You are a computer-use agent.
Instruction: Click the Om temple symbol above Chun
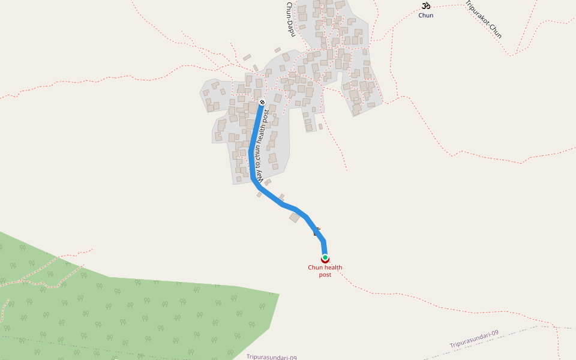point(425,6)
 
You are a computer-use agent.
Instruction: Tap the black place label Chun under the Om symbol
point(425,16)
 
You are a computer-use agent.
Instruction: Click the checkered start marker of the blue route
point(262,103)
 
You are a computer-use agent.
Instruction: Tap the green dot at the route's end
point(325,257)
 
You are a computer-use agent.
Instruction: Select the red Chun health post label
point(325,271)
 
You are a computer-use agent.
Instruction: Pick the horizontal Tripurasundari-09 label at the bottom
point(271,357)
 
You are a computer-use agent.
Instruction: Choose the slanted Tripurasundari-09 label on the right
point(474,339)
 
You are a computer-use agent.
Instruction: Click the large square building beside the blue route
point(295,217)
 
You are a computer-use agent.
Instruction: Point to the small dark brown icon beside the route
point(317,232)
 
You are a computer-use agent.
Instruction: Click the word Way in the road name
point(260,177)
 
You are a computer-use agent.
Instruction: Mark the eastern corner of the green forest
point(278,294)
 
